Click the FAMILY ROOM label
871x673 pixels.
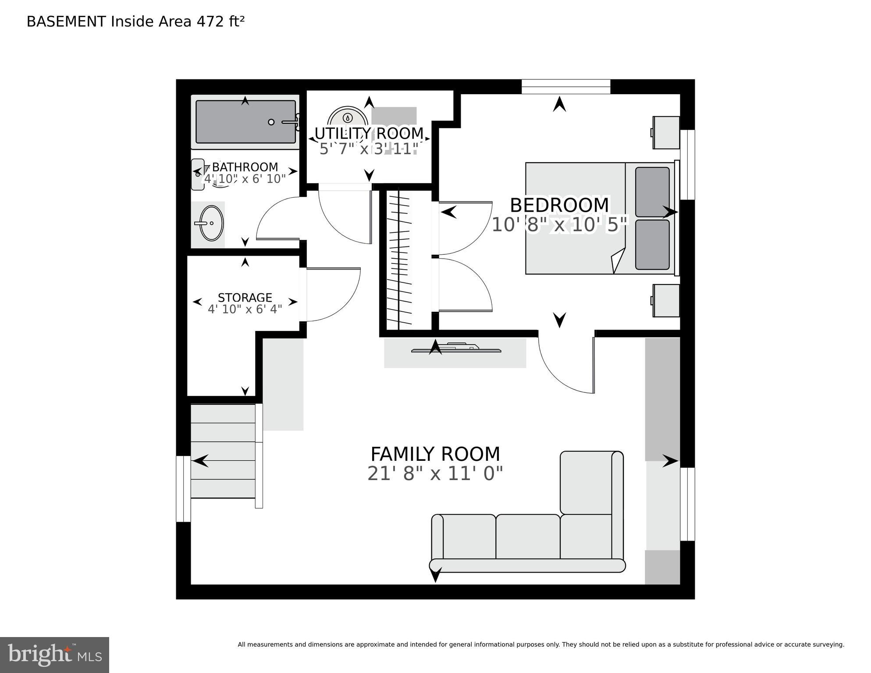click(435, 454)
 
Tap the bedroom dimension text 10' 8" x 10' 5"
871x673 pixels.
click(560, 225)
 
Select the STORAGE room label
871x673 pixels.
click(245, 297)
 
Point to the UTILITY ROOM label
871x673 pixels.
click(369, 133)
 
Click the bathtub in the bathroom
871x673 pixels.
click(245, 122)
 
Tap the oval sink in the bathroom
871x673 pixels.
click(211, 223)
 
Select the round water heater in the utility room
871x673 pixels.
click(347, 118)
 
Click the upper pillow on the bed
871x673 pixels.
click(652, 192)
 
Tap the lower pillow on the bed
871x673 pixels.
click(652, 245)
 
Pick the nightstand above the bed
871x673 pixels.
click(666, 132)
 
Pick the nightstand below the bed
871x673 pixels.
click(666, 300)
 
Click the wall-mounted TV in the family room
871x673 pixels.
click(456, 349)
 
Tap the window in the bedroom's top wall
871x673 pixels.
click(565, 86)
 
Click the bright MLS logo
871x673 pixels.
click(54, 655)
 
